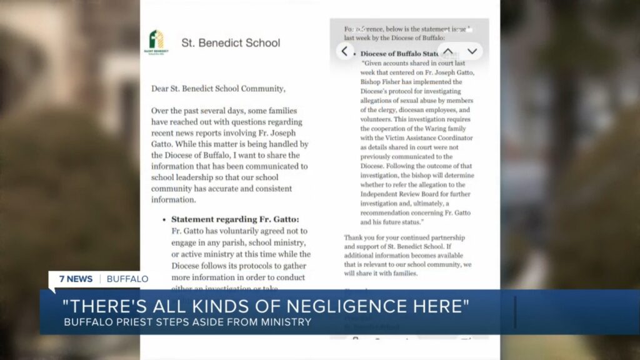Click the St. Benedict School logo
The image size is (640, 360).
click(156, 42)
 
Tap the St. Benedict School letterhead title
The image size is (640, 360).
click(231, 43)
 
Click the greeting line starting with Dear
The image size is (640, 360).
click(217, 89)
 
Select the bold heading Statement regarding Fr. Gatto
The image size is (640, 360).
click(235, 219)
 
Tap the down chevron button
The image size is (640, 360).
click(472, 51)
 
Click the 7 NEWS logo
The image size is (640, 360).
click(76, 279)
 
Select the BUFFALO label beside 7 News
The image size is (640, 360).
click(127, 279)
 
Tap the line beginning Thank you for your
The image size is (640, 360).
click(404, 237)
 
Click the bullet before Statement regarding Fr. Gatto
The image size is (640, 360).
click(164, 220)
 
